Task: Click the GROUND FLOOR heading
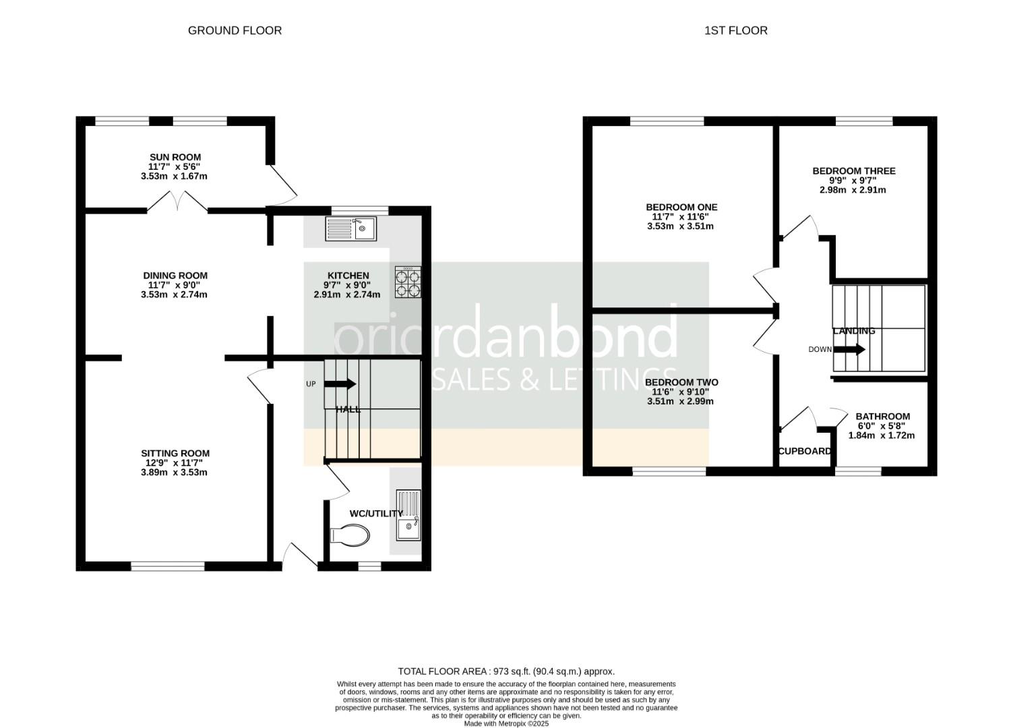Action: coord(235,30)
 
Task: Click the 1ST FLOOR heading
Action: coord(735,30)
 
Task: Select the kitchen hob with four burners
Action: coord(408,282)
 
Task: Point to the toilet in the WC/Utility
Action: coord(350,537)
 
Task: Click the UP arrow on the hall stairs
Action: coord(340,384)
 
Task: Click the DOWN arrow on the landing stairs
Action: coord(849,349)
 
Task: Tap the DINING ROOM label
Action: coord(175,275)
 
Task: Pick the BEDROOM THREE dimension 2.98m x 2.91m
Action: coord(853,190)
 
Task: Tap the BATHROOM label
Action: coord(882,417)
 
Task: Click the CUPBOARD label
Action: coord(805,451)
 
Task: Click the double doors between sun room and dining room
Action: coord(177,202)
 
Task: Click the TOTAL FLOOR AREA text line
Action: coord(506,671)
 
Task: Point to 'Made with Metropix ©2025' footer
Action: coord(506,724)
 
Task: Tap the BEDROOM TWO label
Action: coord(681,382)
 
